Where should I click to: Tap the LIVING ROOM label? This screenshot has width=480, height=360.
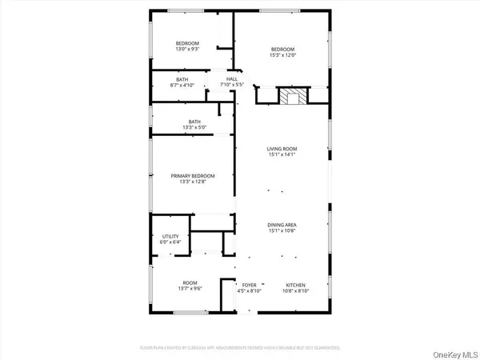[282, 149]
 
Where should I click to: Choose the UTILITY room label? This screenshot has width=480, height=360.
[170, 237]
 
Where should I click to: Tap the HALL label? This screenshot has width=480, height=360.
[232, 79]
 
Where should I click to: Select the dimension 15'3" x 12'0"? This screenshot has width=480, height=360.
[282, 55]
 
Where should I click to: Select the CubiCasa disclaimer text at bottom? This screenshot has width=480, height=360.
[240, 348]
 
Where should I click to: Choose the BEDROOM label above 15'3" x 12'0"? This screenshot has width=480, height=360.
[282, 50]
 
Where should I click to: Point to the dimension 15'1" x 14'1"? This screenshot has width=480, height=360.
[282, 154]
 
